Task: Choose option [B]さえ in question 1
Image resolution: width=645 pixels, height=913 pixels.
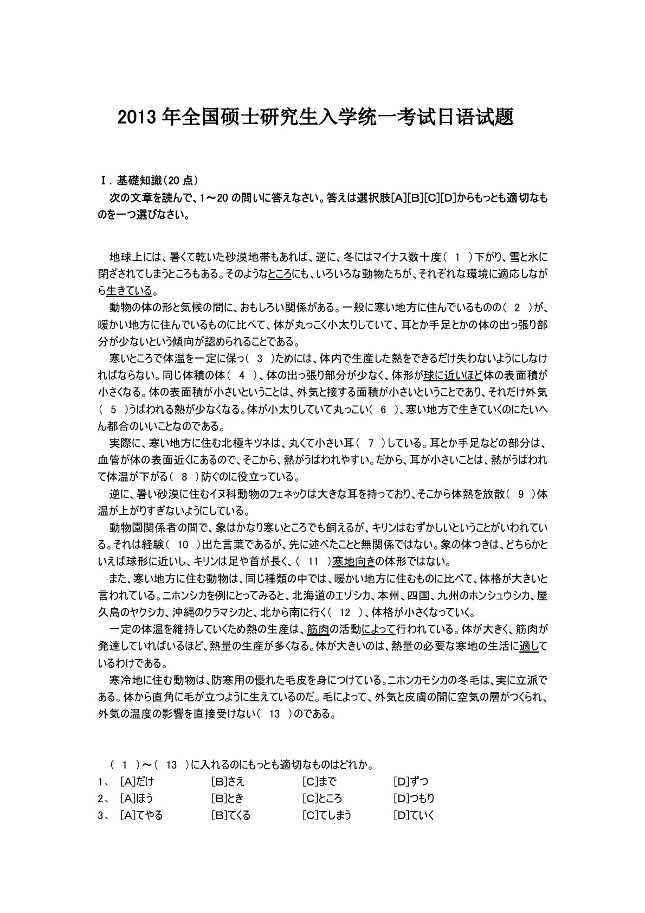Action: (228, 781)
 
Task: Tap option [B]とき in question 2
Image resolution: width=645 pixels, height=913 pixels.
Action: (228, 798)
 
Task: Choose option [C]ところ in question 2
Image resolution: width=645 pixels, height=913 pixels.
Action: (322, 798)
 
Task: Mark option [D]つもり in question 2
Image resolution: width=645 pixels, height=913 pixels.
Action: (414, 798)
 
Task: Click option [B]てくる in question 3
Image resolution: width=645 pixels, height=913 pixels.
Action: (231, 815)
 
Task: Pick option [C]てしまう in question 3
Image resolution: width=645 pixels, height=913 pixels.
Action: (327, 815)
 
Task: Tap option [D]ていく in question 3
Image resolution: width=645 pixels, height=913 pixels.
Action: (414, 815)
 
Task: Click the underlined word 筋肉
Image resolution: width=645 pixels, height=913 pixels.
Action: (318, 630)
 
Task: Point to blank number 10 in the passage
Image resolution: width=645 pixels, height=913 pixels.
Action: (183, 544)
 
